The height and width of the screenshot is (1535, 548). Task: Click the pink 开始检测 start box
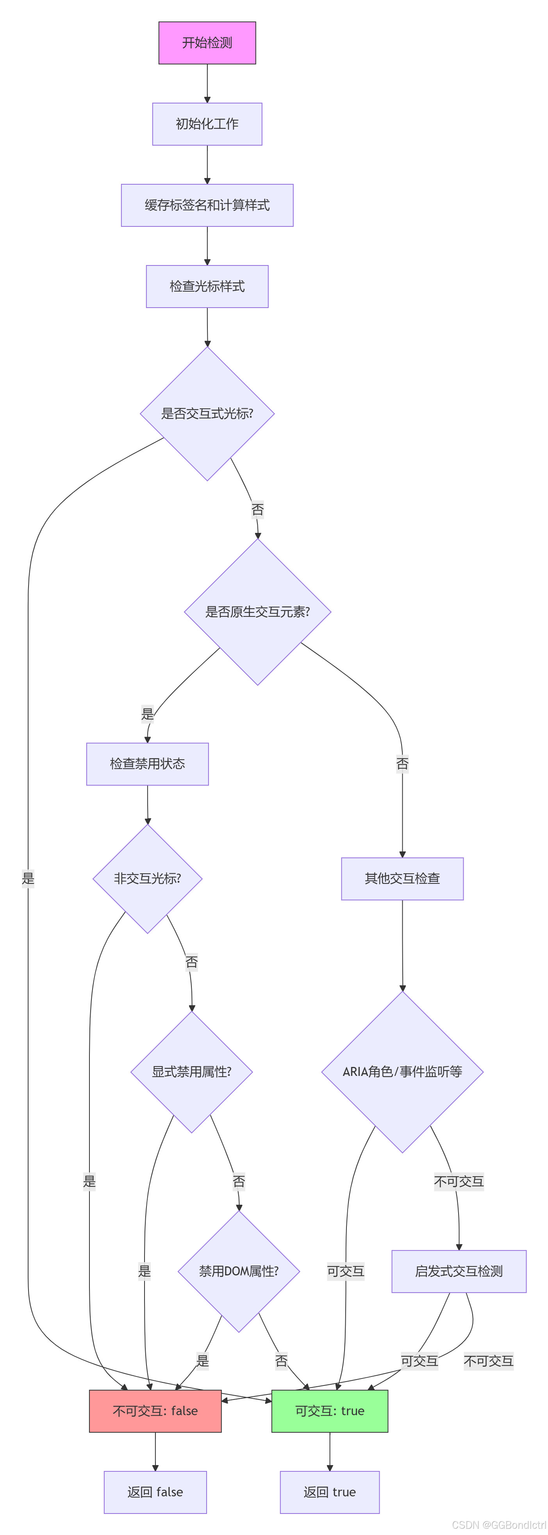[x=207, y=43]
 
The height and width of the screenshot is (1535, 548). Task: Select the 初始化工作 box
[x=207, y=124]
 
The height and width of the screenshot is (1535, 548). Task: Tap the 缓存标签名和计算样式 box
[x=207, y=205]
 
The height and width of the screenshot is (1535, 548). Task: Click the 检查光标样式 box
[x=207, y=287]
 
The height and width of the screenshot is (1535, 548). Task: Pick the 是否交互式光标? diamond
[x=207, y=413]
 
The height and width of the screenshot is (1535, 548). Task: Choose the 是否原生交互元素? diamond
[x=258, y=612]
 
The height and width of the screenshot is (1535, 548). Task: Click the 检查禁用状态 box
[x=147, y=764]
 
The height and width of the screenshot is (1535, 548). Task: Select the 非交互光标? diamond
[x=147, y=879]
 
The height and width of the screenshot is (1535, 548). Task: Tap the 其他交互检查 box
[x=402, y=879]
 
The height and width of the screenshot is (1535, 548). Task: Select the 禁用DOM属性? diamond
[x=239, y=1271]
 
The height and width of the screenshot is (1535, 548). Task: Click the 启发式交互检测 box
[x=459, y=1271]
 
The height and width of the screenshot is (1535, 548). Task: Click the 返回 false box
[x=155, y=1492]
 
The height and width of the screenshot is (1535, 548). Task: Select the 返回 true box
[x=329, y=1492]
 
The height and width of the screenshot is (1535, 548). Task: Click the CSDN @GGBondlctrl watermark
[x=498, y=1525]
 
